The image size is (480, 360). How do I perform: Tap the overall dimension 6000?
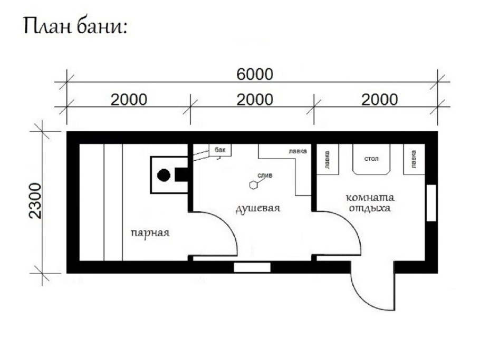pyautogui.click(x=254, y=74)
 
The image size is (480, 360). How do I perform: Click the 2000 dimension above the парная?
pyautogui.click(x=128, y=99)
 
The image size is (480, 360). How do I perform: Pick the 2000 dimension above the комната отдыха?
pyautogui.click(x=380, y=99)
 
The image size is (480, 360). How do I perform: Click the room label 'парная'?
pyautogui.click(x=150, y=232)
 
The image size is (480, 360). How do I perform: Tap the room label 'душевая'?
pyautogui.click(x=257, y=208)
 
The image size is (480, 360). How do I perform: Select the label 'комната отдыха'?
pyautogui.click(x=370, y=203)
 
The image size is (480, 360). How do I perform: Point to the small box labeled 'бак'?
pyautogui.click(x=220, y=150)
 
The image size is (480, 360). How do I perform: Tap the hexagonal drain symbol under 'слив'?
pyautogui.click(x=255, y=185)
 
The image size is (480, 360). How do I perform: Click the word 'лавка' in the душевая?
pyautogui.click(x=297, y=151)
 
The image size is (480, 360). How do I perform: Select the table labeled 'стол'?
pyautogui.click(x=372, y=158)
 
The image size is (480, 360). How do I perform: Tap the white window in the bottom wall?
pyautogui.click(x=252, y=267)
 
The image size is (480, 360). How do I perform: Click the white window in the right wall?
pyautogui.click(x=431, y=203)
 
